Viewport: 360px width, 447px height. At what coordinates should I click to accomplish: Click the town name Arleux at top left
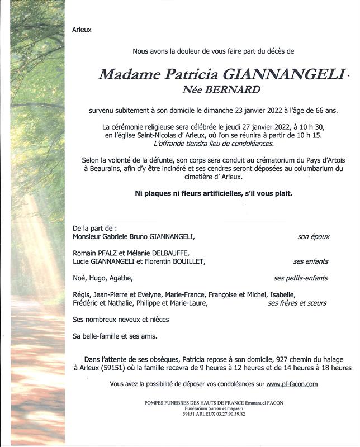[x=82, y=30]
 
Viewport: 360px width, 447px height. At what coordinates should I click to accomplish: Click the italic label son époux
[x=313, y=237]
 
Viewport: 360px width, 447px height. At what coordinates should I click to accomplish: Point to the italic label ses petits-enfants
[x=300, y=278]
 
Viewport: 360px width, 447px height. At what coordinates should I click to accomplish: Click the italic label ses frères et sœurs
[x=297, y=303]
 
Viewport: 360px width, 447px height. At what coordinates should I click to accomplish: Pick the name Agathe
[x=122, y=278]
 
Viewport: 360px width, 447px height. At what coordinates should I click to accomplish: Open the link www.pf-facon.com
[x=292, y=384]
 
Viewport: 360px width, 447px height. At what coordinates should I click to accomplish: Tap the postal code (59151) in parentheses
[x=114, y=368]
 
